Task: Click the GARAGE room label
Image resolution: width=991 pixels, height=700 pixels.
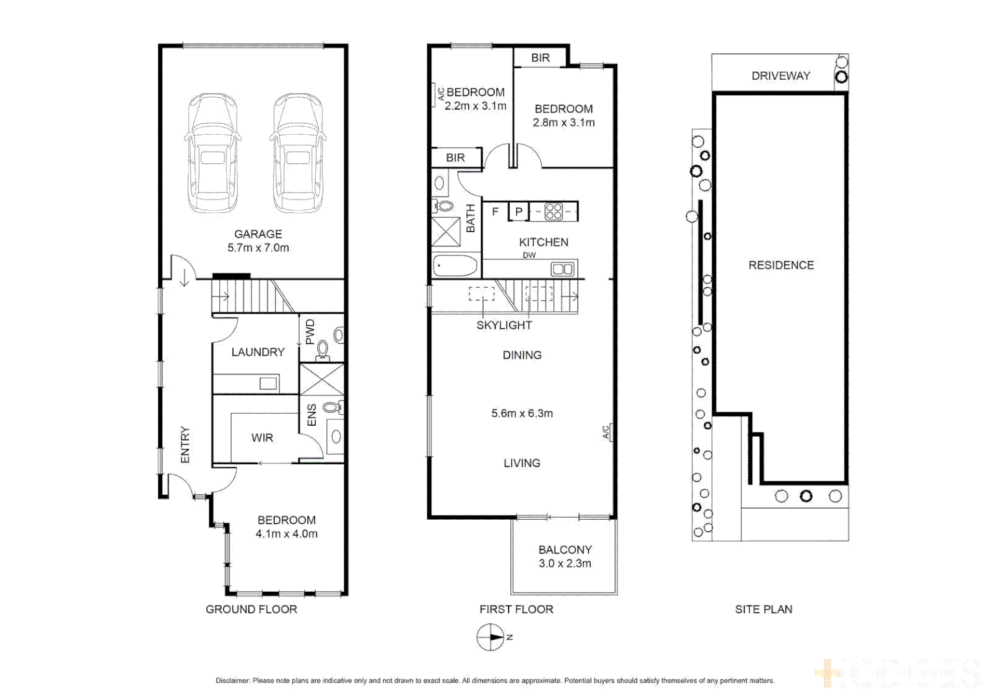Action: coord(258,234)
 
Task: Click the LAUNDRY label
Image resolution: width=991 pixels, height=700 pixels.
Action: coord(258,352)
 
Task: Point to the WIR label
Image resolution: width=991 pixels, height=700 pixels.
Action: coord(262,438)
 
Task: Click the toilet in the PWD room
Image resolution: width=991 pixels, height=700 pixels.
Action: coord(322,350)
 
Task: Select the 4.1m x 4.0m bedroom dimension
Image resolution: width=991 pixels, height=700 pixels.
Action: coord(286,534)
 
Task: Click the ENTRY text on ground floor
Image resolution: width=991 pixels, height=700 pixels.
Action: coord(185,445)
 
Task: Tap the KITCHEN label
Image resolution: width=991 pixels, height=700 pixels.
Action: coord(543,242)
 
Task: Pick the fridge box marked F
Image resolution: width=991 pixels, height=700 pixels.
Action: coord(495,211)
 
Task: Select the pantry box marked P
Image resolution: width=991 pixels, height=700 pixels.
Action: coord(518,211)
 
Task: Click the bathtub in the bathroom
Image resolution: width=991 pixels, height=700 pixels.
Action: coord(455,266)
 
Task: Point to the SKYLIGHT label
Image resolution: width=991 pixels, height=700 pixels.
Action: coord(504,325)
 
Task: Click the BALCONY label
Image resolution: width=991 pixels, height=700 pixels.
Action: coord(565,550)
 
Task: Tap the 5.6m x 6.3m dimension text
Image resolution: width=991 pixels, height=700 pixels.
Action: coord(522,414)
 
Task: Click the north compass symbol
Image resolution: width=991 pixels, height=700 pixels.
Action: coord(491,637)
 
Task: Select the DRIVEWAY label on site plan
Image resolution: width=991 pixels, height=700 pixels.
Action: coord(781,76)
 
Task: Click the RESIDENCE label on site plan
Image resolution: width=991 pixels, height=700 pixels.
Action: coord(781,265)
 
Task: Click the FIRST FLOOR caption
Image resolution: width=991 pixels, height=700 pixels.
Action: coord(516,609)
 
